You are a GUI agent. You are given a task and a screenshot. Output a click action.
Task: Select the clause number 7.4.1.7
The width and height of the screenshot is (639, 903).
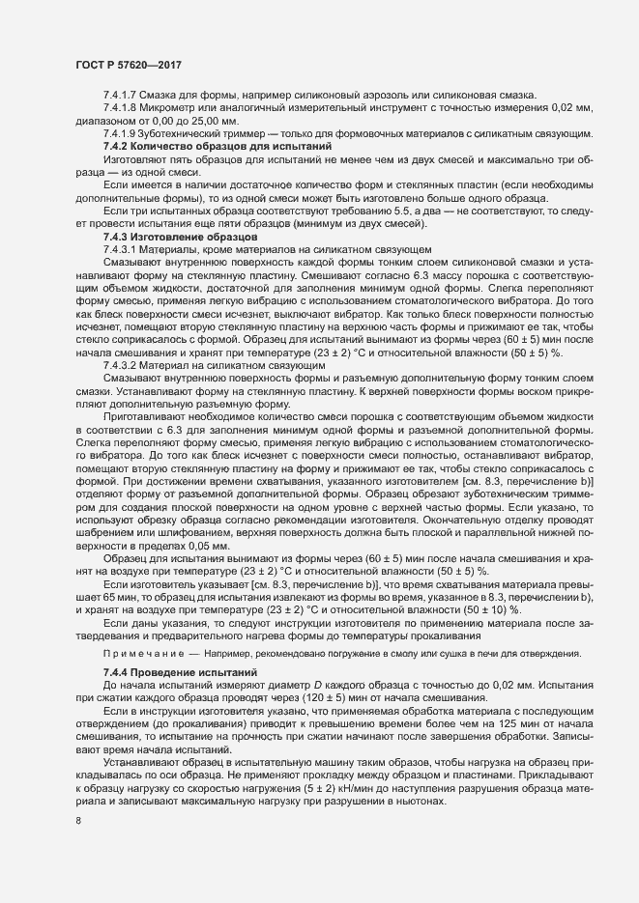pyautogui.click(x=119, y=94)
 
